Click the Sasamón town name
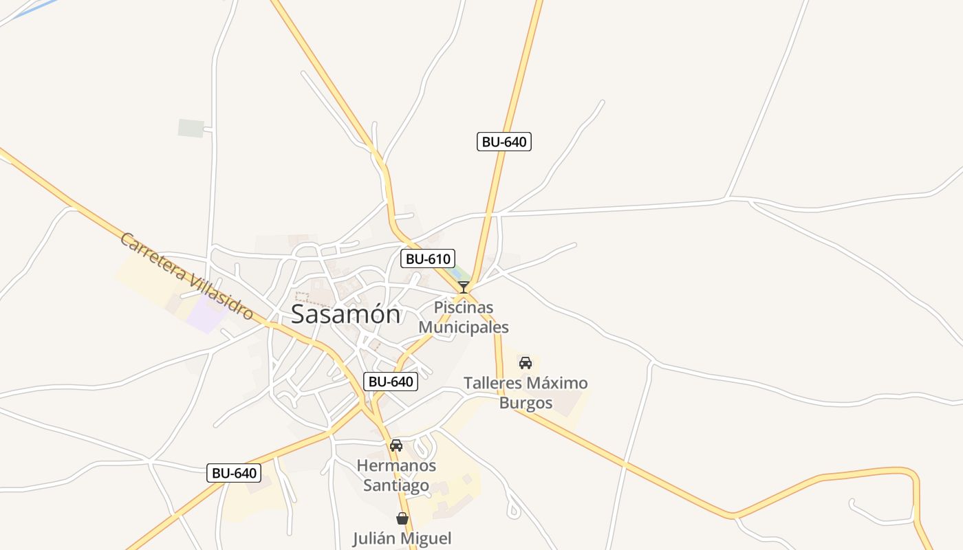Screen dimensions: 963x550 tap(345, 314)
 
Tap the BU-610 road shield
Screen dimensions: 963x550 tap(428, 259)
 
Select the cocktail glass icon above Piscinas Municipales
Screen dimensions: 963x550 tap(464, 287)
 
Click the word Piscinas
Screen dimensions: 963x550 tap(464, 307)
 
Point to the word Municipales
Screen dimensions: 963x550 tap(464, 327)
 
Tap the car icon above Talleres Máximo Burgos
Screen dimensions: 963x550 tap(526, 362)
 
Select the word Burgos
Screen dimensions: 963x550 tap(526, 403)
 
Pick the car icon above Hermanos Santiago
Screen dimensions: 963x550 tap(396, 445)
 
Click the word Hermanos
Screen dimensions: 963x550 tap(396, 465)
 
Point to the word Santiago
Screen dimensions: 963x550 tap(396, 485)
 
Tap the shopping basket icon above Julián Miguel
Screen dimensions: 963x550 tap(402, 518)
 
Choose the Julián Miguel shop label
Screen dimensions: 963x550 tap(402, 538)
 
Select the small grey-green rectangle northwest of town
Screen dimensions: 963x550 tap(191, 128)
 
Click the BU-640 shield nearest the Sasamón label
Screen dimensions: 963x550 tap(391, 382)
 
